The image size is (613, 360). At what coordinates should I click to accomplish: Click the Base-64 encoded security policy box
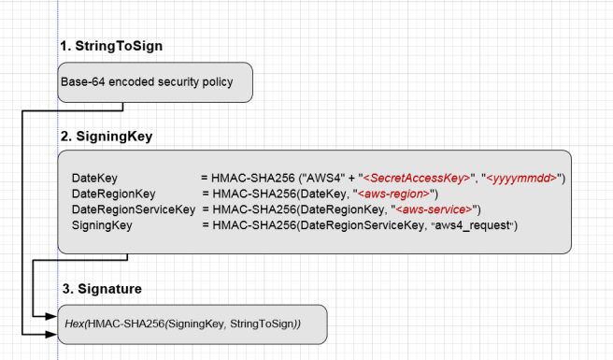[156, 81]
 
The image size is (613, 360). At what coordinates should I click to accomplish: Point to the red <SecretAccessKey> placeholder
[415, 178]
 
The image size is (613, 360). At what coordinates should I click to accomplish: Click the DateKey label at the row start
[94, 178]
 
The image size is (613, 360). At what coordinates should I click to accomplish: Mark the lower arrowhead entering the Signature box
[56, 333]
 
